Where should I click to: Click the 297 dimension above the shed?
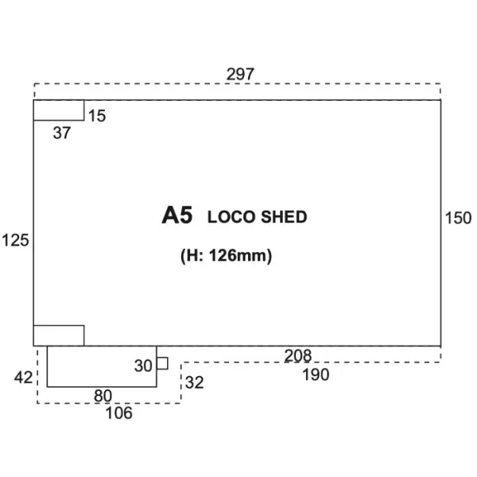[x=240, y=74]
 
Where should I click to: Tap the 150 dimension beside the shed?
[x=458, y=218]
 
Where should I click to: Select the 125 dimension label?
[x=16, y=240]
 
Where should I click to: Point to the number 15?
[x=97, y=115]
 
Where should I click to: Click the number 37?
[x=62, y=133]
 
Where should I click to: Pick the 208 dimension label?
[x=298, y=355]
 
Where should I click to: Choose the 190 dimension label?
[x=316, y=374]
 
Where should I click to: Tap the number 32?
[x=195, y=382]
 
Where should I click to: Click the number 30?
[x=143, y=366]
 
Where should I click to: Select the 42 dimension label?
[x=23, y=378]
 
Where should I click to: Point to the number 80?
[x=103, y=396]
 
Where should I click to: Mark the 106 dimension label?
[x=119, y=413]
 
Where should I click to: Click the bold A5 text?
[x=177, y=215]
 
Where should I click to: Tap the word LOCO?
[x=231, y=217]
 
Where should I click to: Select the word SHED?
[x=284, y=217]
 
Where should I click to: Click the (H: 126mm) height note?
[x=226, y=256]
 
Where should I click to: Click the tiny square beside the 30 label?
[x=162, y=363]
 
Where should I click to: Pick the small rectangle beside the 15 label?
[x=59, y=111]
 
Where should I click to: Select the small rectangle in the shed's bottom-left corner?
[x=59, y=335]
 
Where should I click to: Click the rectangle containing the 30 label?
[x=102, y=366]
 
